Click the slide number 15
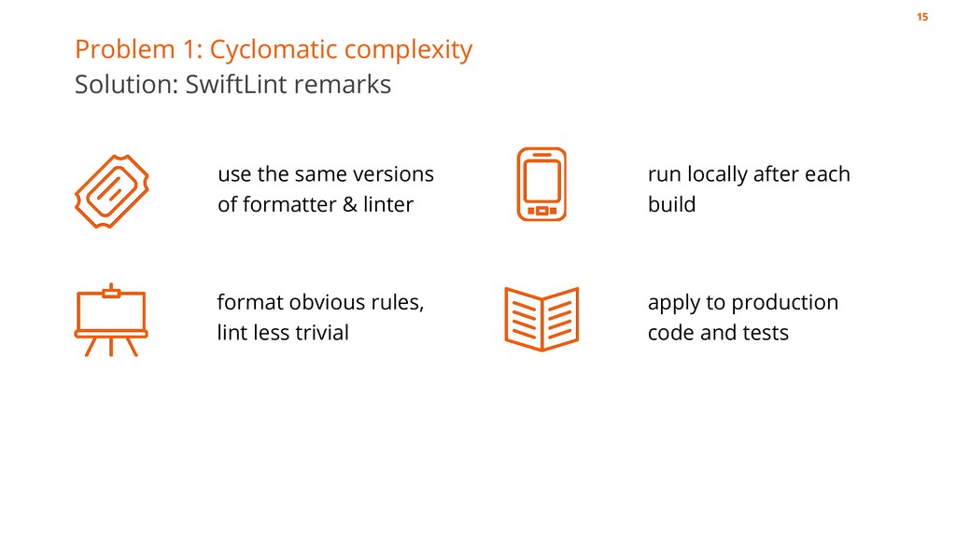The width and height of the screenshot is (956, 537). coord(922,18)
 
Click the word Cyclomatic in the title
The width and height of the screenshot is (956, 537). coord(271,49)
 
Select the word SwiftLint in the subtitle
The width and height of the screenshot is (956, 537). coord(237,85)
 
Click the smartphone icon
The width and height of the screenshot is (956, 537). coord(541,184)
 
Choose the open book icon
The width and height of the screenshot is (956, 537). coord(541,319)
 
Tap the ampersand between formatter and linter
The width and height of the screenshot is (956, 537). coord(349,204)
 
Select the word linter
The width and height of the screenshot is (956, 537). coord(388,204)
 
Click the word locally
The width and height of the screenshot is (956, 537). coord(719,174)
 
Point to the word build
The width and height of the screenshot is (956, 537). coord(671,204)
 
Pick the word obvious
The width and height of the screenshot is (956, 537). coord(329,303)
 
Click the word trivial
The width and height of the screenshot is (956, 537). coord(320,333)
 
